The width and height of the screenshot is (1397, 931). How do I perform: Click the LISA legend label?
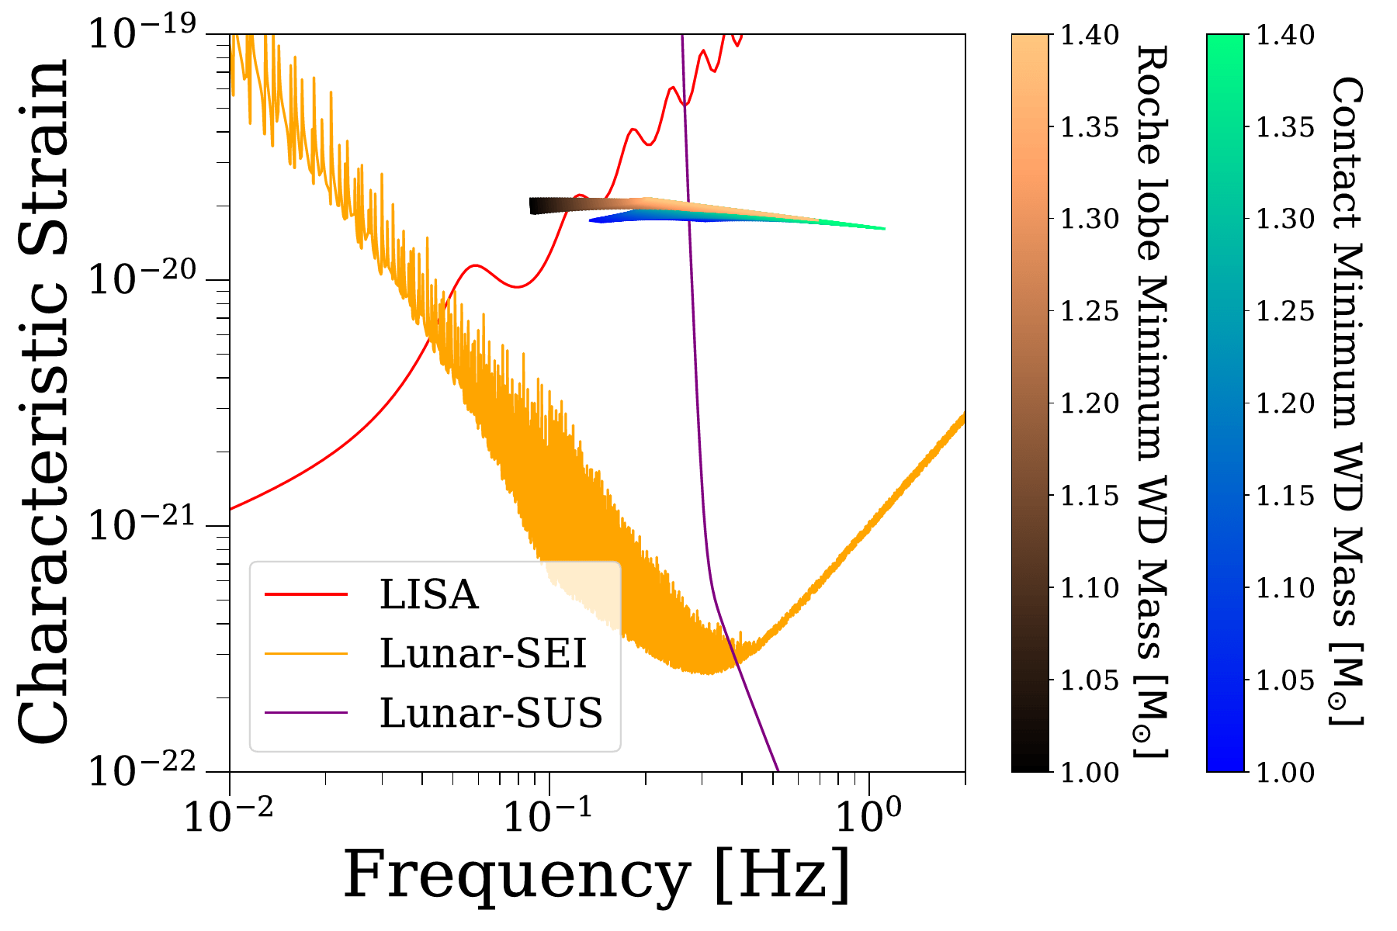[428, 595]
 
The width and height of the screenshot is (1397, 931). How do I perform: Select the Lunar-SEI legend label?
[483, 653]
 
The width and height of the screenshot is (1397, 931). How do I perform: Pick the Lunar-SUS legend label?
[491, 712]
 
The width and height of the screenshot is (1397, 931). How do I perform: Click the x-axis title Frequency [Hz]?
[597, 875]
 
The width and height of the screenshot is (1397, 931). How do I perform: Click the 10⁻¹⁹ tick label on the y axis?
[142, 34]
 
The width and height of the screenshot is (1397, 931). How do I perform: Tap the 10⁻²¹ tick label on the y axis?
[142, 525]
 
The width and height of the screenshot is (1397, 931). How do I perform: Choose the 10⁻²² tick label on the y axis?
[142, 770]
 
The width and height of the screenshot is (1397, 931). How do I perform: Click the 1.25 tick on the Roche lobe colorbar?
[1090, 311]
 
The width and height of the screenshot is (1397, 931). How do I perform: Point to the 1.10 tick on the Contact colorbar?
[1285, 587]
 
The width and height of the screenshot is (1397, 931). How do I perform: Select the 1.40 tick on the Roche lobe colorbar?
[1090, 35]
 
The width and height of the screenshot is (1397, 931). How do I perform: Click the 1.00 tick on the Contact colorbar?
[1285, 771]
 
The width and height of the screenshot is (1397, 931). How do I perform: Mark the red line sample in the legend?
[306, 595]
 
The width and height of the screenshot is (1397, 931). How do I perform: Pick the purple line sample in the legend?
[306, 712]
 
